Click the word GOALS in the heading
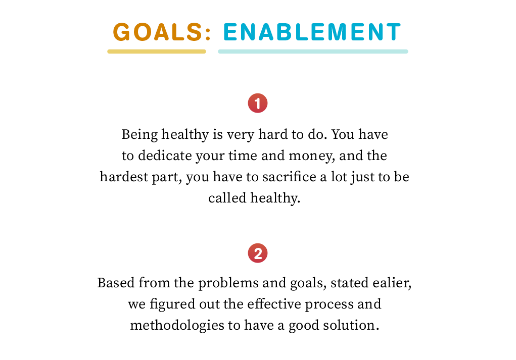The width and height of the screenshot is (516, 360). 158,32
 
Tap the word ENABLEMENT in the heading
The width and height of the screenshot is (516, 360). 312,32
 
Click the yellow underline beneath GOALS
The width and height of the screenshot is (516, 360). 157,52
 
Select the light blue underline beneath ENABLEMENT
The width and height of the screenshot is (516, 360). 313,52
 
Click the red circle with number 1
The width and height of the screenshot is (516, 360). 258,103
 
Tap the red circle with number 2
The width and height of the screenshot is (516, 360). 258,253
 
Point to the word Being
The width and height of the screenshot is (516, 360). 139,135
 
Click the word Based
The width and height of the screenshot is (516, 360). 116,283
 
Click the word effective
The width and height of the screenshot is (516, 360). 274,304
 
